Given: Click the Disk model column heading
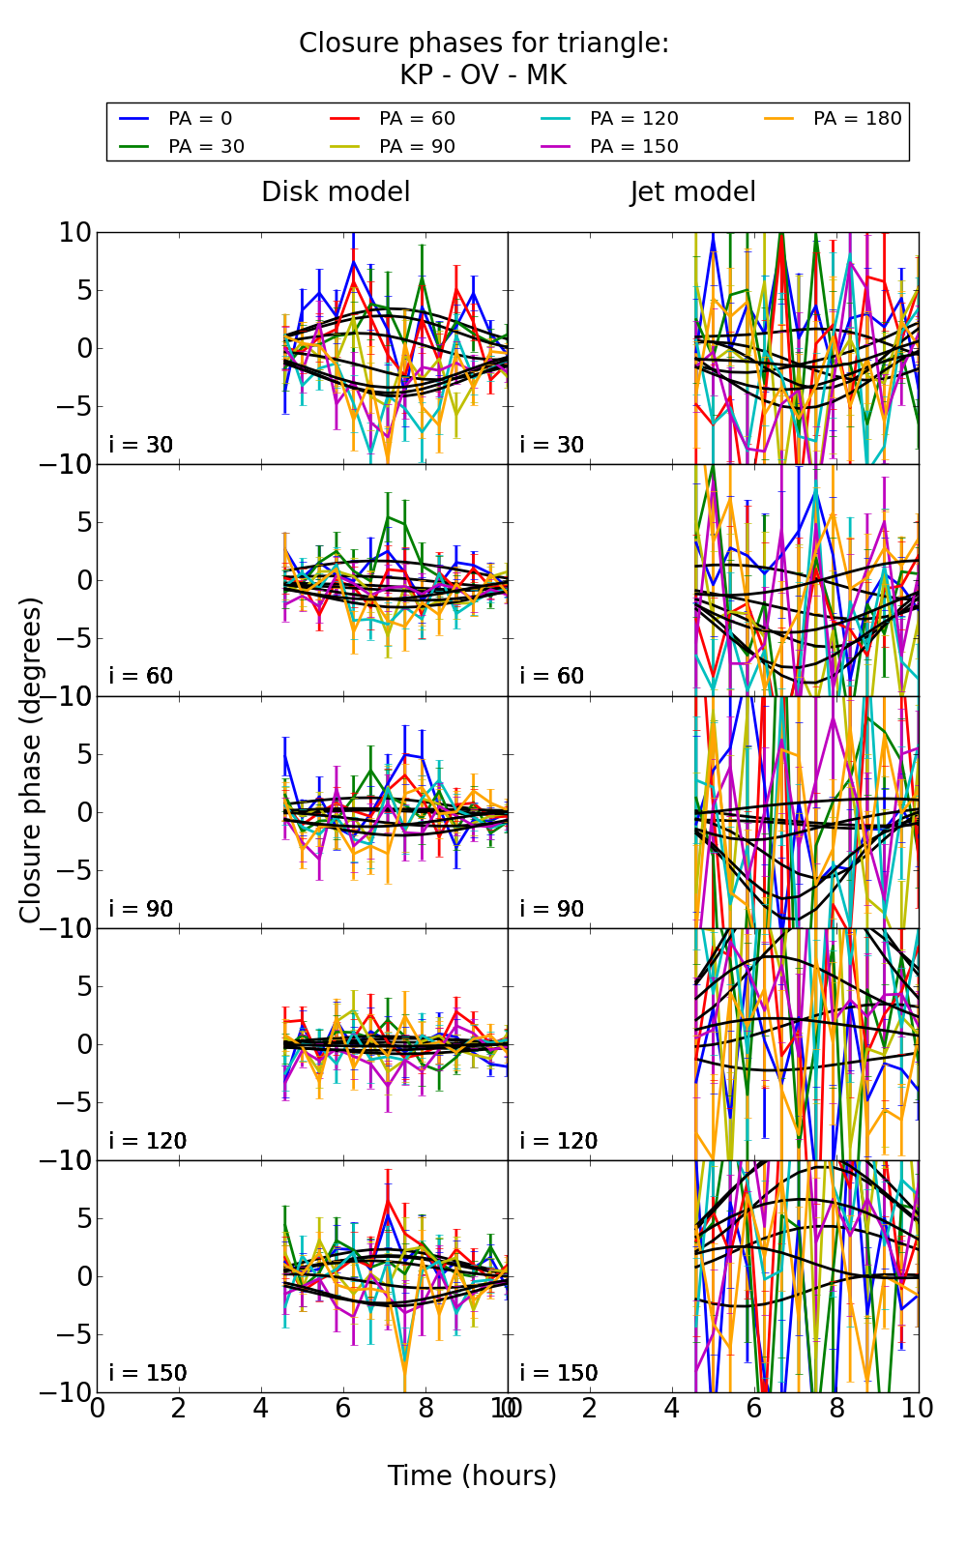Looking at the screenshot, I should point(336,191).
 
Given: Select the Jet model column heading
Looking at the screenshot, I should point(692,191).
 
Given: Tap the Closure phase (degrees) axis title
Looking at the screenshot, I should point(31,760).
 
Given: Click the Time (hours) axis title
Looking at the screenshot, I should point(472,1475).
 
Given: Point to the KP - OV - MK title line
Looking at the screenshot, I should point(483,75).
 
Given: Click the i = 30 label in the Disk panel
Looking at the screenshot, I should point(141,445).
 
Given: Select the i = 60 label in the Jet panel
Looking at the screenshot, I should point(552,676).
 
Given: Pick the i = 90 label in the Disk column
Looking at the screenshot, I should point(141,909).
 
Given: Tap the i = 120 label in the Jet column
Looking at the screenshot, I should point(559,1141).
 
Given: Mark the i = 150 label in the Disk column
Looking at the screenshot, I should point(148,1373).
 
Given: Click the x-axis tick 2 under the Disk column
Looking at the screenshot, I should point(179,1409).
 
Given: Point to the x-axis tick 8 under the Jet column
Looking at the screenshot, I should point(836,1409).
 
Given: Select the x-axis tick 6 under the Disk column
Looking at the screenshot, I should point(343,1409).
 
